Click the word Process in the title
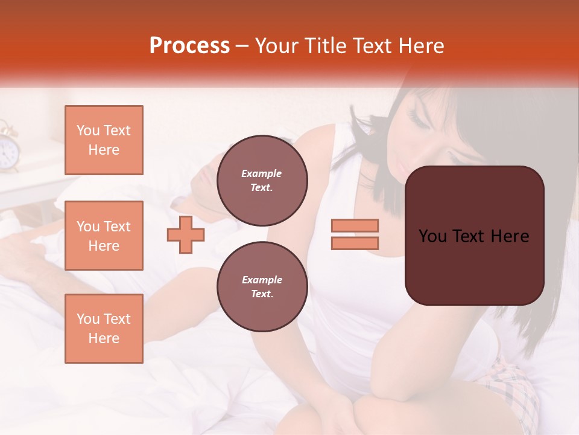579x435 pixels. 189,46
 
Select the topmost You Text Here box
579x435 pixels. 104,140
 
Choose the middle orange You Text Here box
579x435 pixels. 104,236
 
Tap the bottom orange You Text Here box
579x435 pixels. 104,329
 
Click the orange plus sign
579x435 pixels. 186,234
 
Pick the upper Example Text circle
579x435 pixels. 262,181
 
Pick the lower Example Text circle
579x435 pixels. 262,287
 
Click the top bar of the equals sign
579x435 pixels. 355,225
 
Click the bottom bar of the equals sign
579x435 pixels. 355,243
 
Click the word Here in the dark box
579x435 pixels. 510,236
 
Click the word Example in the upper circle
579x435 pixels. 262,173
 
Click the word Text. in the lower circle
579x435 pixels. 262,294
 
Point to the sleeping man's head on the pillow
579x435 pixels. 208,181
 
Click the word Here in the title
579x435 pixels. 420,46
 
